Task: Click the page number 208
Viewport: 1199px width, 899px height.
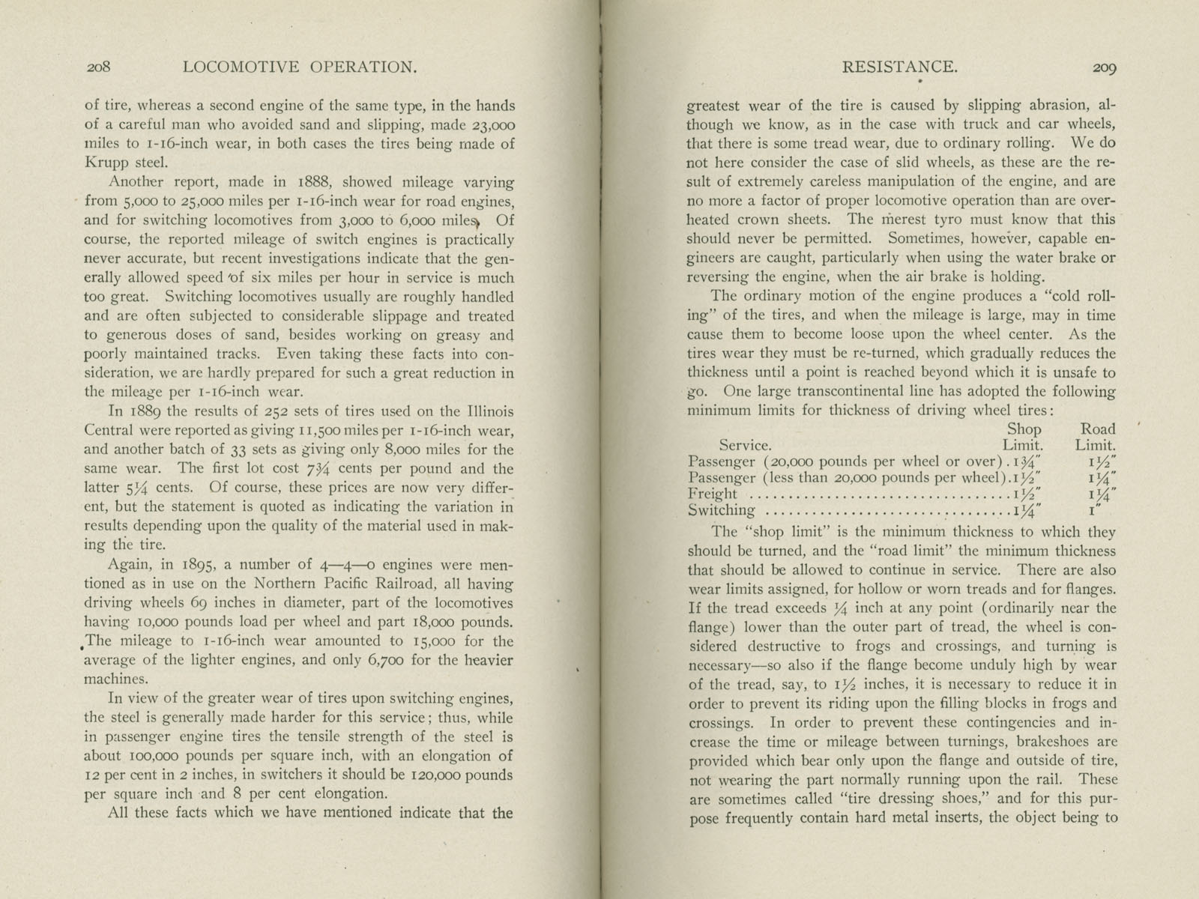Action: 98,67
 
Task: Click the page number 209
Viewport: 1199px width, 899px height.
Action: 1105,67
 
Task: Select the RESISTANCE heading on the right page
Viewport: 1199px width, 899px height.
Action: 900,67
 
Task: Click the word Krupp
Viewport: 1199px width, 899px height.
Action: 106,163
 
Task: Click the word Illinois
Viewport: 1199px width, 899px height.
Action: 486,411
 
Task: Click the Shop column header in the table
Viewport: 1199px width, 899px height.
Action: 1024,429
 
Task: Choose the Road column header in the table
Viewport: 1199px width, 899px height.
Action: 1097,429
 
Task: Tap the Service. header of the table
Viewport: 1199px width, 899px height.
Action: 745,445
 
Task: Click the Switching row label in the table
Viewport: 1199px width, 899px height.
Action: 722,511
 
